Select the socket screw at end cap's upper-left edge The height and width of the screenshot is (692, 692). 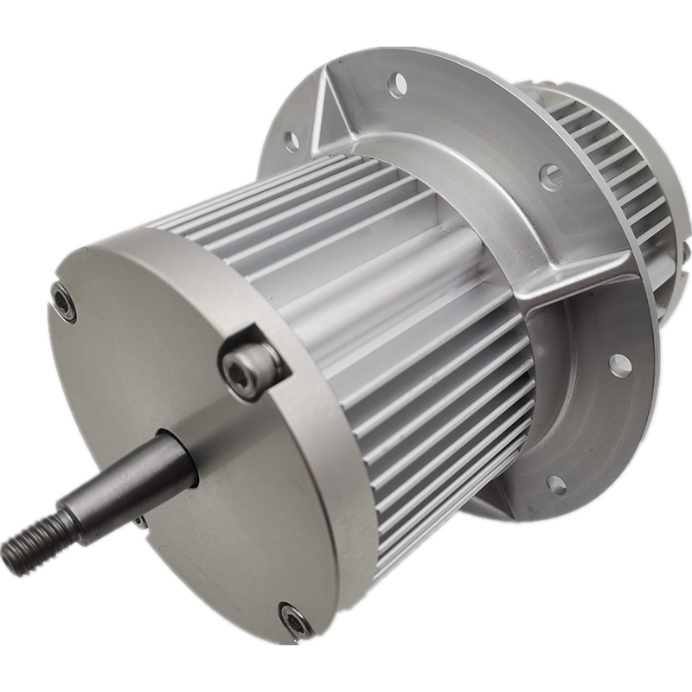[63, 301]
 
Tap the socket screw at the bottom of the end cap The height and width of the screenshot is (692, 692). [295, 618]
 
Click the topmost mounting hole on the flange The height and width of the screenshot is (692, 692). [397, 84]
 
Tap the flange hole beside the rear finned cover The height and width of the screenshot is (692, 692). [551, 176]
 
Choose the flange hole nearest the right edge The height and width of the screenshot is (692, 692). [619, 363]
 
